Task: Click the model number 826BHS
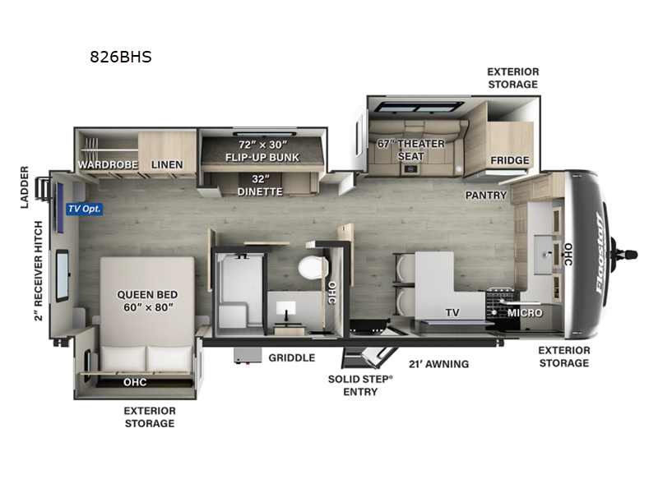[121, 57]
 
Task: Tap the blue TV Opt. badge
[85, 209]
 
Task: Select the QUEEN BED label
[147, 295]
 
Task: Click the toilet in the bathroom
[313, 267]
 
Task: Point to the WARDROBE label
[108, 165]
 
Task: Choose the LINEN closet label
[167, 165]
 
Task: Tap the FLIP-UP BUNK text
[262, 157]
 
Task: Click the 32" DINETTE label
[260, 186]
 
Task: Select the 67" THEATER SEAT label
[410, 150]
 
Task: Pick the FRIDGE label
[510, 160]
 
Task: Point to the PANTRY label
[486, 196]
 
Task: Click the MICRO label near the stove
[525, 313]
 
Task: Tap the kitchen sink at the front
[544, 255]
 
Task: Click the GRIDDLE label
[292, 357]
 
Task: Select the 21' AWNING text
[439, 364]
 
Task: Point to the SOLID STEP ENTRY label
[360, 385]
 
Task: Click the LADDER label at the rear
[25, 187]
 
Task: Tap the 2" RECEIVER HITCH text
[39, 271]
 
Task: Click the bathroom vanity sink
[285, 308]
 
